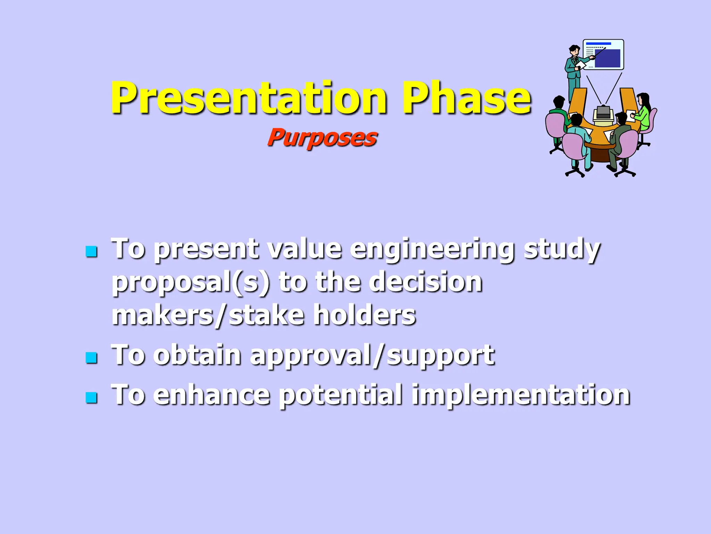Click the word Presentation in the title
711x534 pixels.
(x=248, y=98)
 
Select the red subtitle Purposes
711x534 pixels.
(x=322, y=138)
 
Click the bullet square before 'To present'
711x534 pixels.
(x=91, y=251)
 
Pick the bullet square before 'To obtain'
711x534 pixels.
(x=91, y=357)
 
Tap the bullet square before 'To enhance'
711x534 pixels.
(x=91, y=397)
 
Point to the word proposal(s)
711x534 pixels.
(x=191, y=282)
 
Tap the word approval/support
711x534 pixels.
(x=372, y=356)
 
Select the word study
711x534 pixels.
(x=562, y=250)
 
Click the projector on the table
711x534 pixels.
(x=603, y=113)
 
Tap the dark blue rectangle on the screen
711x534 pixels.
(x=607, y=58)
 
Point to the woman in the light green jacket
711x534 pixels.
(x=643, y=111)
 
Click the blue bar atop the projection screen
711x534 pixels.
(x=598, y=44)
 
